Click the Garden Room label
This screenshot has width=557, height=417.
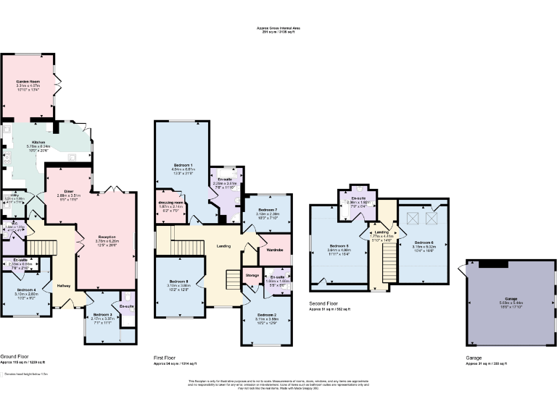coord(28,82)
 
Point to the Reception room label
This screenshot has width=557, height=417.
coord(108,236)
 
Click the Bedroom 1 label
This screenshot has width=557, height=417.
coord(182,166)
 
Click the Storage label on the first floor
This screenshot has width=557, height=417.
coord(252,275)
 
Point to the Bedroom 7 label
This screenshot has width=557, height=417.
coord(268,209)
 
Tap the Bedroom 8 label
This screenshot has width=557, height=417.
coord(179,281)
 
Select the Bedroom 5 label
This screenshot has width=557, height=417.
coord(339,245)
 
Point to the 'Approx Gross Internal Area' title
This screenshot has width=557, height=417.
coord(278,28)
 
